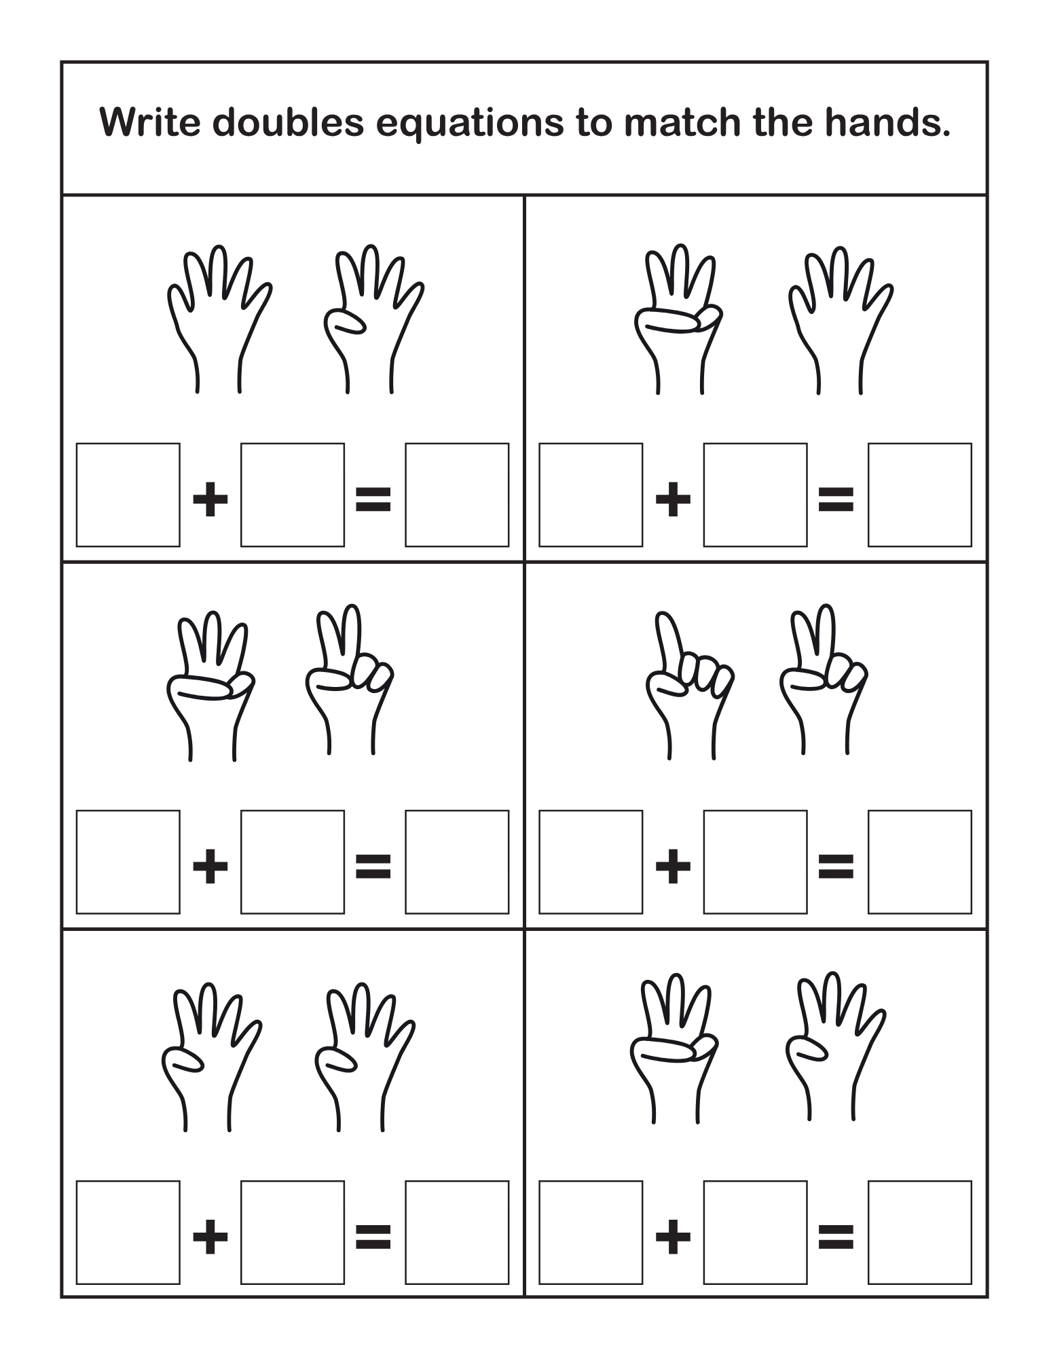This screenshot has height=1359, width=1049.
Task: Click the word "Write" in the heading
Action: [x=150, y=122]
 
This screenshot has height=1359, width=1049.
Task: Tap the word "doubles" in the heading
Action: [x=289, y=122]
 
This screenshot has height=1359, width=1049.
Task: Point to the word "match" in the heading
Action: [x=682, y=122]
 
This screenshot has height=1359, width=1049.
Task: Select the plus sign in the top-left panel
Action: [x=210, y=501]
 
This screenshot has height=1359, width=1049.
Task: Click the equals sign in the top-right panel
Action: [x=836, y=501]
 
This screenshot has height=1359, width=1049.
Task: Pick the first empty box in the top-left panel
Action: [x=128, y=495]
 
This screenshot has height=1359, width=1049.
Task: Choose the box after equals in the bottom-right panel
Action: [x=920, y=1232]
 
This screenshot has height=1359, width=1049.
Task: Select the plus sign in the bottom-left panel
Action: [x=210, y=1237]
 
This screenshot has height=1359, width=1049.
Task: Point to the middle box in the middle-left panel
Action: [x=293, y=862]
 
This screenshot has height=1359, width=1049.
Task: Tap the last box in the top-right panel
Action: [x=920, y=495]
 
